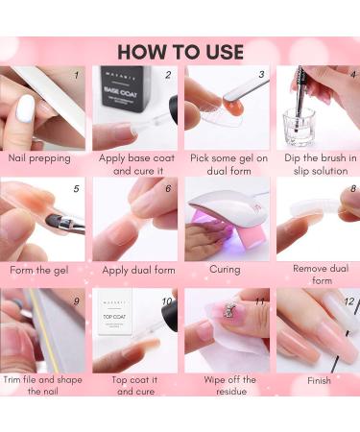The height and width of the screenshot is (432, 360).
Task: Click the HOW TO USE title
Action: (x=180, y=52)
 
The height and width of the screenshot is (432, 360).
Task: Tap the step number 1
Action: (x=76, y=75)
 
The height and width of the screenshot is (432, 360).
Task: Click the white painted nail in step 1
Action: (x=25, y=108)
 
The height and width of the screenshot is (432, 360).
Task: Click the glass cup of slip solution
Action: (x=299, y=127)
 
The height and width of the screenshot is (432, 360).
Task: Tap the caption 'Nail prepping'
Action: (x=39, y=158)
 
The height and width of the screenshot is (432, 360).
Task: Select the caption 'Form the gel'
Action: (x=39, y=271)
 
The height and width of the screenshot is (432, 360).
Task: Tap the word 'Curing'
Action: (x=225, y=270)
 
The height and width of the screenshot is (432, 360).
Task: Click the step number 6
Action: (x=168, y=188)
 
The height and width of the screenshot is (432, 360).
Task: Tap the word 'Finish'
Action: (x=319, y=381)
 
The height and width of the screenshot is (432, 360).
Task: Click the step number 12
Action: (x=349, y=301)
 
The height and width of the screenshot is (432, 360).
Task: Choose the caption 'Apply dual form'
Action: (x=138, y=271)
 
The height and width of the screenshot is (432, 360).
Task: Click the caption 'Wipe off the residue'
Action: (x=230, y=386)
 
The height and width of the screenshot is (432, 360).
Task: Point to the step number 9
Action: (x=76, y=301)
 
